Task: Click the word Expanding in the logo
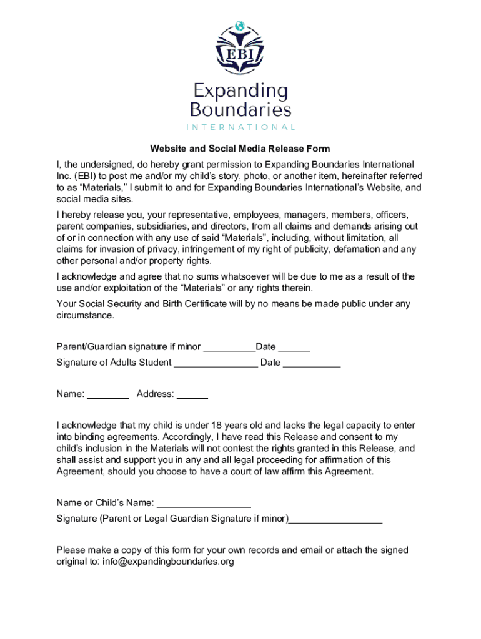(x=240, y=92)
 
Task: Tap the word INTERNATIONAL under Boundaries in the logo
(x=240, y=127)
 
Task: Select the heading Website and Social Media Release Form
(x=240, y=149)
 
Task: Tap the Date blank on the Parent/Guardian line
(x=294, y=347)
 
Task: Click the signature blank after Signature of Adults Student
(x=216, y=363)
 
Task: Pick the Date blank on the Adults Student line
(x=312, y=363)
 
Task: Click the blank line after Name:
(x=108, y=394)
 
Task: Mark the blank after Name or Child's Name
(x=204, y=503)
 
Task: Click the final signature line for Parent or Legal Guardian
(x=336, y=519)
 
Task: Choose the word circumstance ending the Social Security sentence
(x=86, y=315)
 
